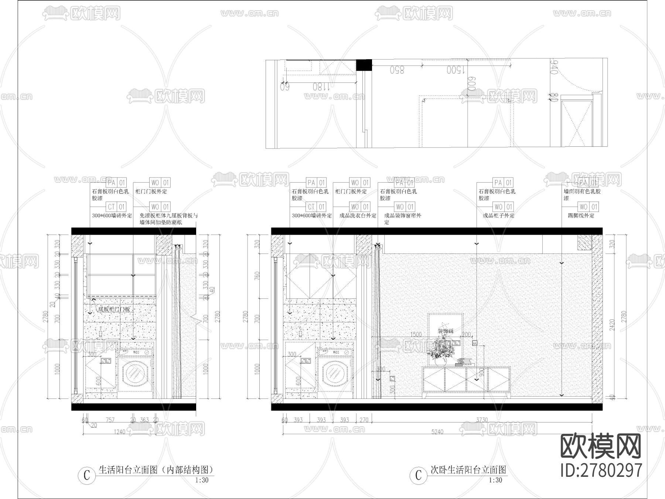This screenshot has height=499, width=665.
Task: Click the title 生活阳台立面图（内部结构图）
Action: tap(156, 470)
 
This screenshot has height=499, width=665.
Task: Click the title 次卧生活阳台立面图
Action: tap(468, 470)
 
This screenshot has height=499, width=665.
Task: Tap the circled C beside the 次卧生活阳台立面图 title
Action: tap(418, 475)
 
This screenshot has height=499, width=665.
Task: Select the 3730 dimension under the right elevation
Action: tap(482, 420)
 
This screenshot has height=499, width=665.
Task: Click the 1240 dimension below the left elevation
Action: tap(119, 432)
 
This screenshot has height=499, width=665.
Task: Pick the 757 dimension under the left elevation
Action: tap(110, 420)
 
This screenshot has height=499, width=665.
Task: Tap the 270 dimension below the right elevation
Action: tap(364, 420)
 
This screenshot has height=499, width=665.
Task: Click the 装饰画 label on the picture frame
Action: tap(445, 331)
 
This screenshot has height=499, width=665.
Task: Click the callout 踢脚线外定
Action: tap(581, 215)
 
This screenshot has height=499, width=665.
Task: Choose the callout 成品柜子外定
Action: tap(499, 215)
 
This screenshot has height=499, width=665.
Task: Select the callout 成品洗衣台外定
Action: tap(358, 215)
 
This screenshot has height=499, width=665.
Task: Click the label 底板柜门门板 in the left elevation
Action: tap(114, 309)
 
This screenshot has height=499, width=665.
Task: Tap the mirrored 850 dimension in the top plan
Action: tap(397, 70)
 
